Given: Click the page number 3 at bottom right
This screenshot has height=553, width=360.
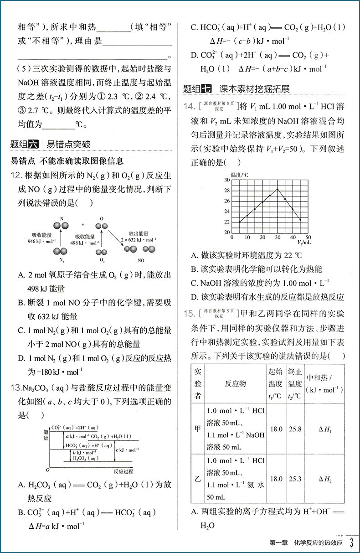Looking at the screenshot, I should pyautogui.click(x=351, y=543).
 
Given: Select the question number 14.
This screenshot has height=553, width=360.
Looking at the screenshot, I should pyautogui.click(x=189, y=107).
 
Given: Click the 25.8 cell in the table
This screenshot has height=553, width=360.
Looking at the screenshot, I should pyautogui.click(x=295, y=429).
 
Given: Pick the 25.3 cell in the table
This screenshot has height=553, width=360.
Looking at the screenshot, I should pyautogui.click(x=295, y=479).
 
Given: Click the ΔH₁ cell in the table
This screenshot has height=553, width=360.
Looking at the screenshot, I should pyautogui.click(x=324, y=429).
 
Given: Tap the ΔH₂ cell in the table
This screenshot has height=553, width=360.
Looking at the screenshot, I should pyautogui.click(x=324, y=479).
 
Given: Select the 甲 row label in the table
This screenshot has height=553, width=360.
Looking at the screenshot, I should pyautogui.click(x=198, y=429).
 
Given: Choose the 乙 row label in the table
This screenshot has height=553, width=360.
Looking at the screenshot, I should pyautogui.click(x=198, y=479).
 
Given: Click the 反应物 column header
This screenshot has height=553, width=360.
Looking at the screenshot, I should pyautogui.click(x=235, y=383).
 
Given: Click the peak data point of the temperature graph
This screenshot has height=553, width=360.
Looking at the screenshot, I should pyautogui.click(x=277, y=189).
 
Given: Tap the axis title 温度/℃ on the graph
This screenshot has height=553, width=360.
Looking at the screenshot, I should pyautogui.click(x=239, y=175).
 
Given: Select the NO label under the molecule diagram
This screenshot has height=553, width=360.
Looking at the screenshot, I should pyautogui.click(x=141, y=260).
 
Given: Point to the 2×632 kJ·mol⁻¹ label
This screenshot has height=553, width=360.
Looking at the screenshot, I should pyautogui.click(x=136, y=239).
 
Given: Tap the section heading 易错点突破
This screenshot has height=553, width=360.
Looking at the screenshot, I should pyautogui.click(x=68, y=145).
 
